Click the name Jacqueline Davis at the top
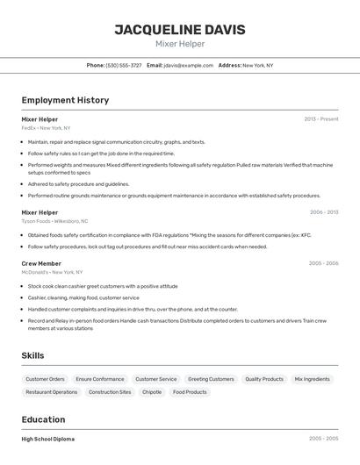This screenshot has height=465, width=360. click(179, 29)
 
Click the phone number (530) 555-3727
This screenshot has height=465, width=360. click(123, 65)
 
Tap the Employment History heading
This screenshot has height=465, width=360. click(65, 100)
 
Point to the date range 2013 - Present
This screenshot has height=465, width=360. click(320, 119)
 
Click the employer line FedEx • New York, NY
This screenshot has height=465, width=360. click(46, 128)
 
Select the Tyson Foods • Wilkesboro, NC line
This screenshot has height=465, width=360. click(54, 221)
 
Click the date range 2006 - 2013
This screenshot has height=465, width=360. click(323, 212)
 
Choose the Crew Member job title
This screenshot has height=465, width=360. click(41, 263)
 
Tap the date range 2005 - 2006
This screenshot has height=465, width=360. click(323, 263)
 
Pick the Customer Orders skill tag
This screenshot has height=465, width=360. click(45, 379)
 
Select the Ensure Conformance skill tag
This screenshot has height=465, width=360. click(100, 379)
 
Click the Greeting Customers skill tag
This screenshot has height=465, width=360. click(211, 379)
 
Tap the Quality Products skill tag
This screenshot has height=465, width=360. click(263, 379)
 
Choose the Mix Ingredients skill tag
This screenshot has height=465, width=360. click(313, 379)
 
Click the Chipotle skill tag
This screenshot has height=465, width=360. click(152, 392)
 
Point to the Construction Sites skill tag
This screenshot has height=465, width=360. click(110, 392)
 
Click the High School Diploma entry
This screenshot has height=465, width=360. click(48, 439)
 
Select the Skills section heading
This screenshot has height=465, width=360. click(33, 355)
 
